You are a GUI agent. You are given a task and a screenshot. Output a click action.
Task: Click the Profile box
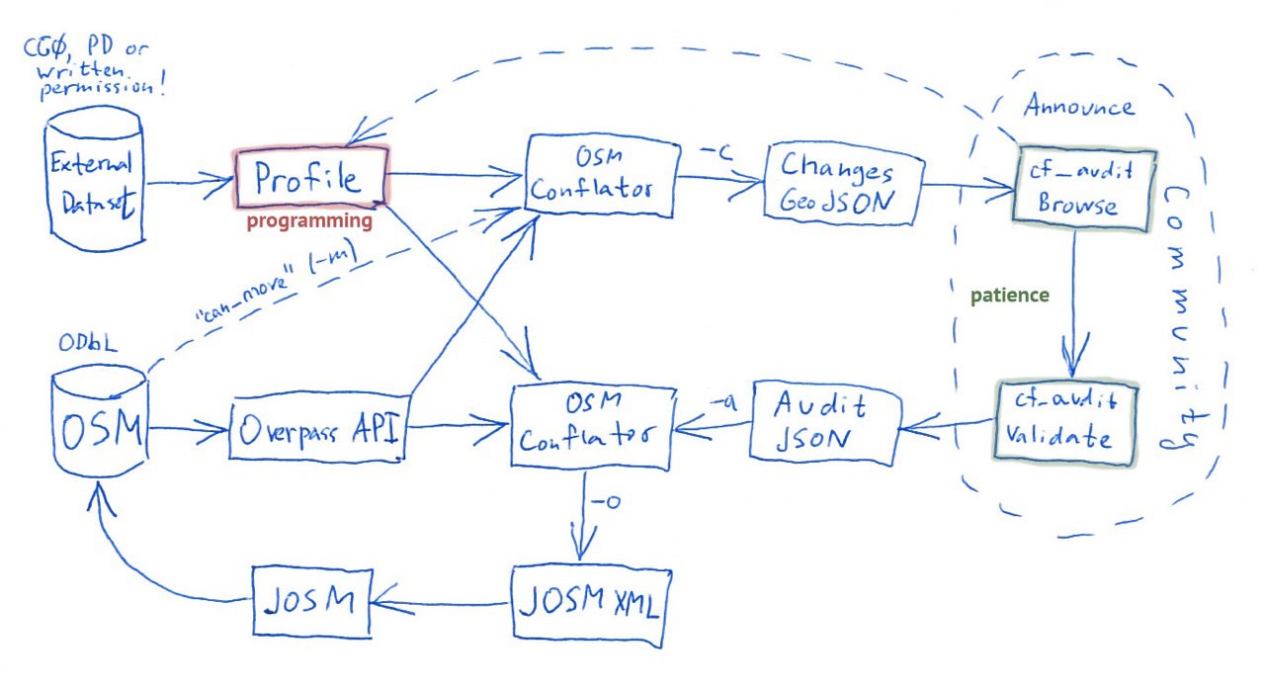point(311,177)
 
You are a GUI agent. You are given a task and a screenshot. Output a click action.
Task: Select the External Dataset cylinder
point(94,179)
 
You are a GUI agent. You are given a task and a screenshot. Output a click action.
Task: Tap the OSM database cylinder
point(100,421)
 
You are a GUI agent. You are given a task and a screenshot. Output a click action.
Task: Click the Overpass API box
point(318,428)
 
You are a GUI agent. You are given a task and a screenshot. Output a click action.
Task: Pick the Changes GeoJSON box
point(844,184)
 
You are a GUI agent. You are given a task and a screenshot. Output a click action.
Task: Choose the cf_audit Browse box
point(1082,189)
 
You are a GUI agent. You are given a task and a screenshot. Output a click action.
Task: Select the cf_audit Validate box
point(1065,424)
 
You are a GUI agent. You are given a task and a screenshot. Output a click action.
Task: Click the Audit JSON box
point(824,423)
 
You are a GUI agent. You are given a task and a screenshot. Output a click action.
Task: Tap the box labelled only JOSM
point(311,601)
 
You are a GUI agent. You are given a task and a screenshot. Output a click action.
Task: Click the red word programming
point(309,220)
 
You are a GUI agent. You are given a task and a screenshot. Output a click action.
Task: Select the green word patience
point(1010,296)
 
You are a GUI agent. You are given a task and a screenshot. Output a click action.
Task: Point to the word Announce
point(1078,105)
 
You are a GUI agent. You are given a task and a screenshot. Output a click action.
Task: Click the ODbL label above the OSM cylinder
point(88,343)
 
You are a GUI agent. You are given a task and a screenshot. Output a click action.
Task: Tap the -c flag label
point(717,152)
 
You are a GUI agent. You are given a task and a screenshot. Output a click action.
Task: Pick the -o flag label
point(606,501)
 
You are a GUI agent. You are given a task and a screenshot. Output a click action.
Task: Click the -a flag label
point(723,402)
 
